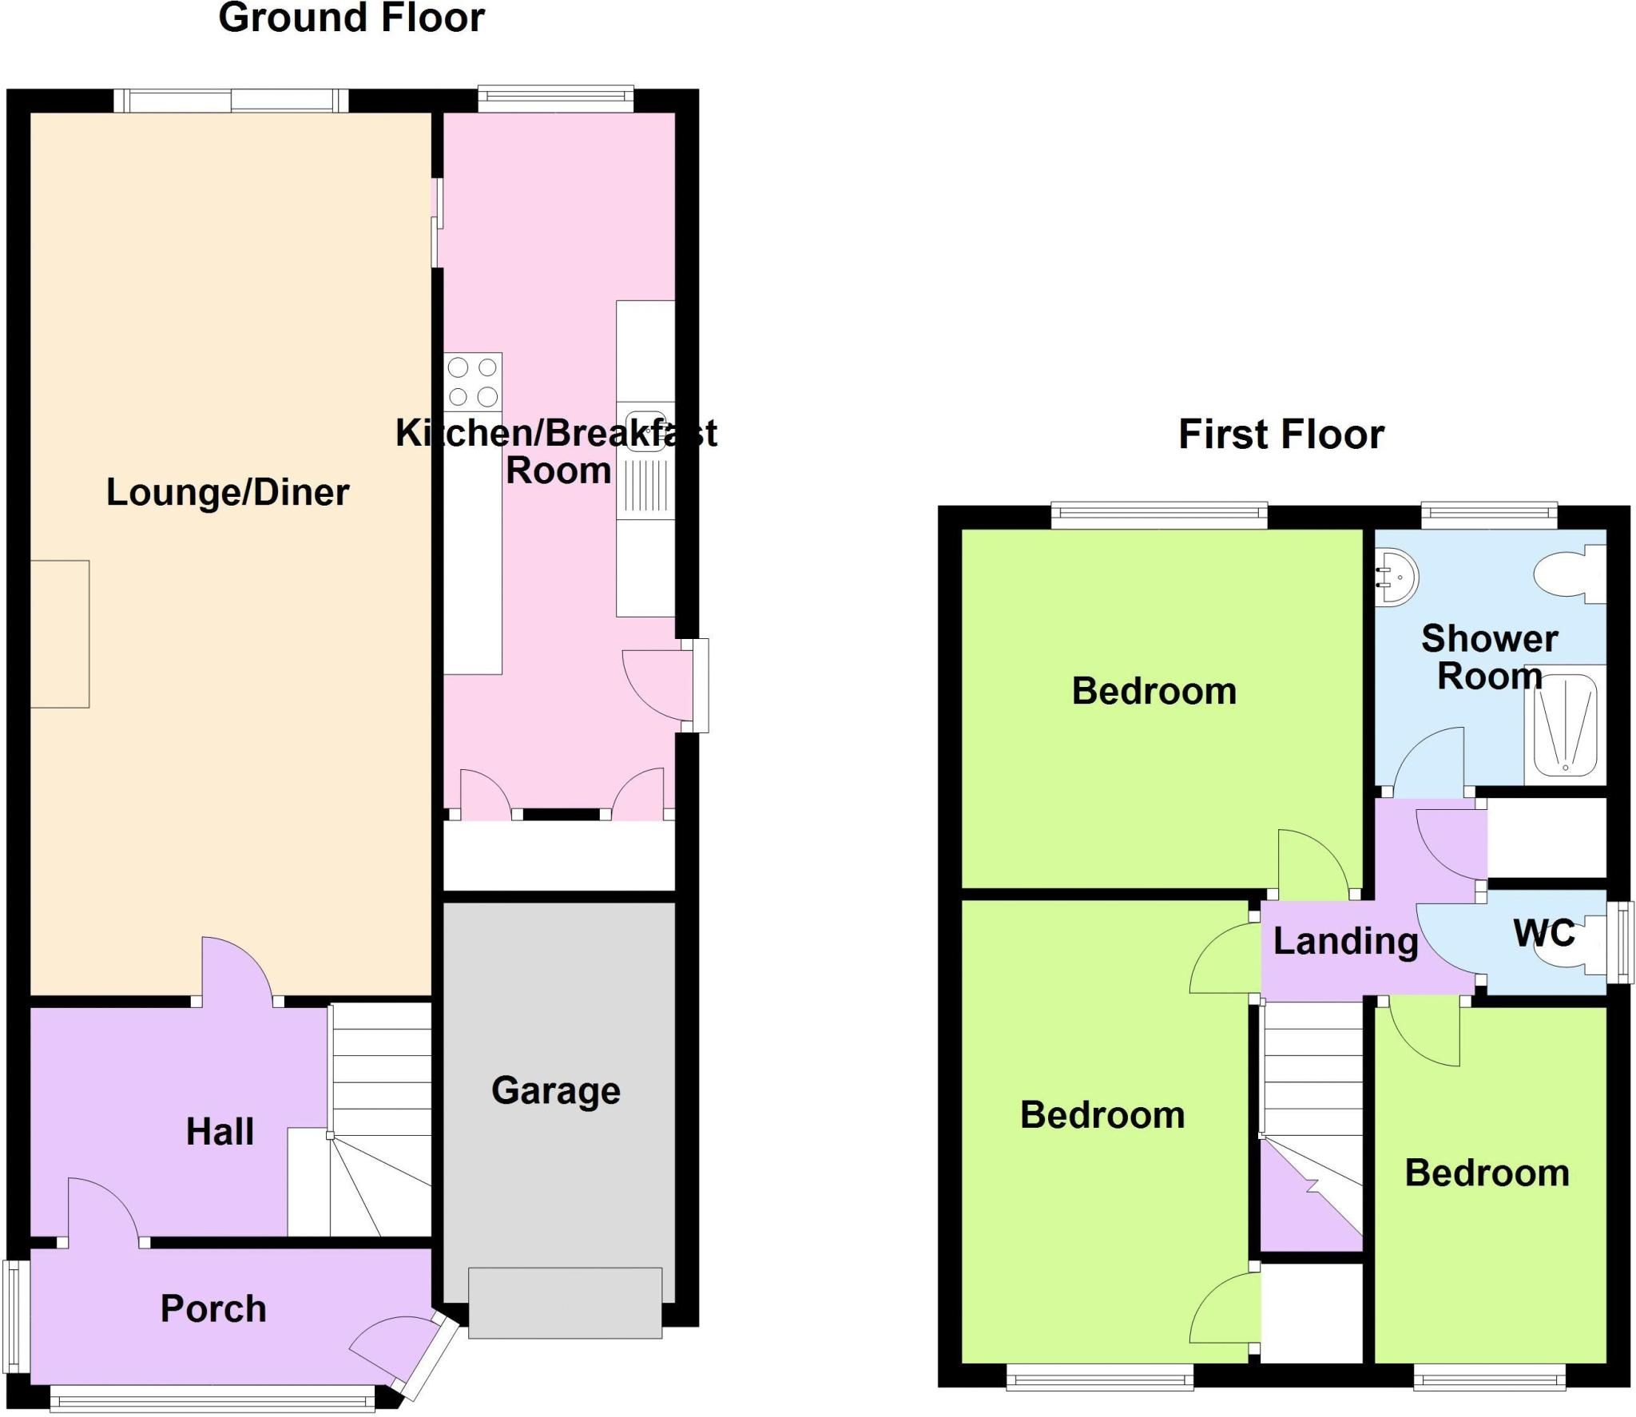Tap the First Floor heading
tap(1281, 435)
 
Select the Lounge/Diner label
tap(228, 492)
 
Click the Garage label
tap(556, 1090)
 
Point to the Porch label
tap(213, 1308)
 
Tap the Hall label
tap(220, 1132)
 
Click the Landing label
tap(1345, 941)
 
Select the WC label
tap(1543, 932)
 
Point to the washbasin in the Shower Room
tap(1396, 576)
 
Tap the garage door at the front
tap(565, 1303)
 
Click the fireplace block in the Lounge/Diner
tap(60, 633)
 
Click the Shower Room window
tap(1489, 516)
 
